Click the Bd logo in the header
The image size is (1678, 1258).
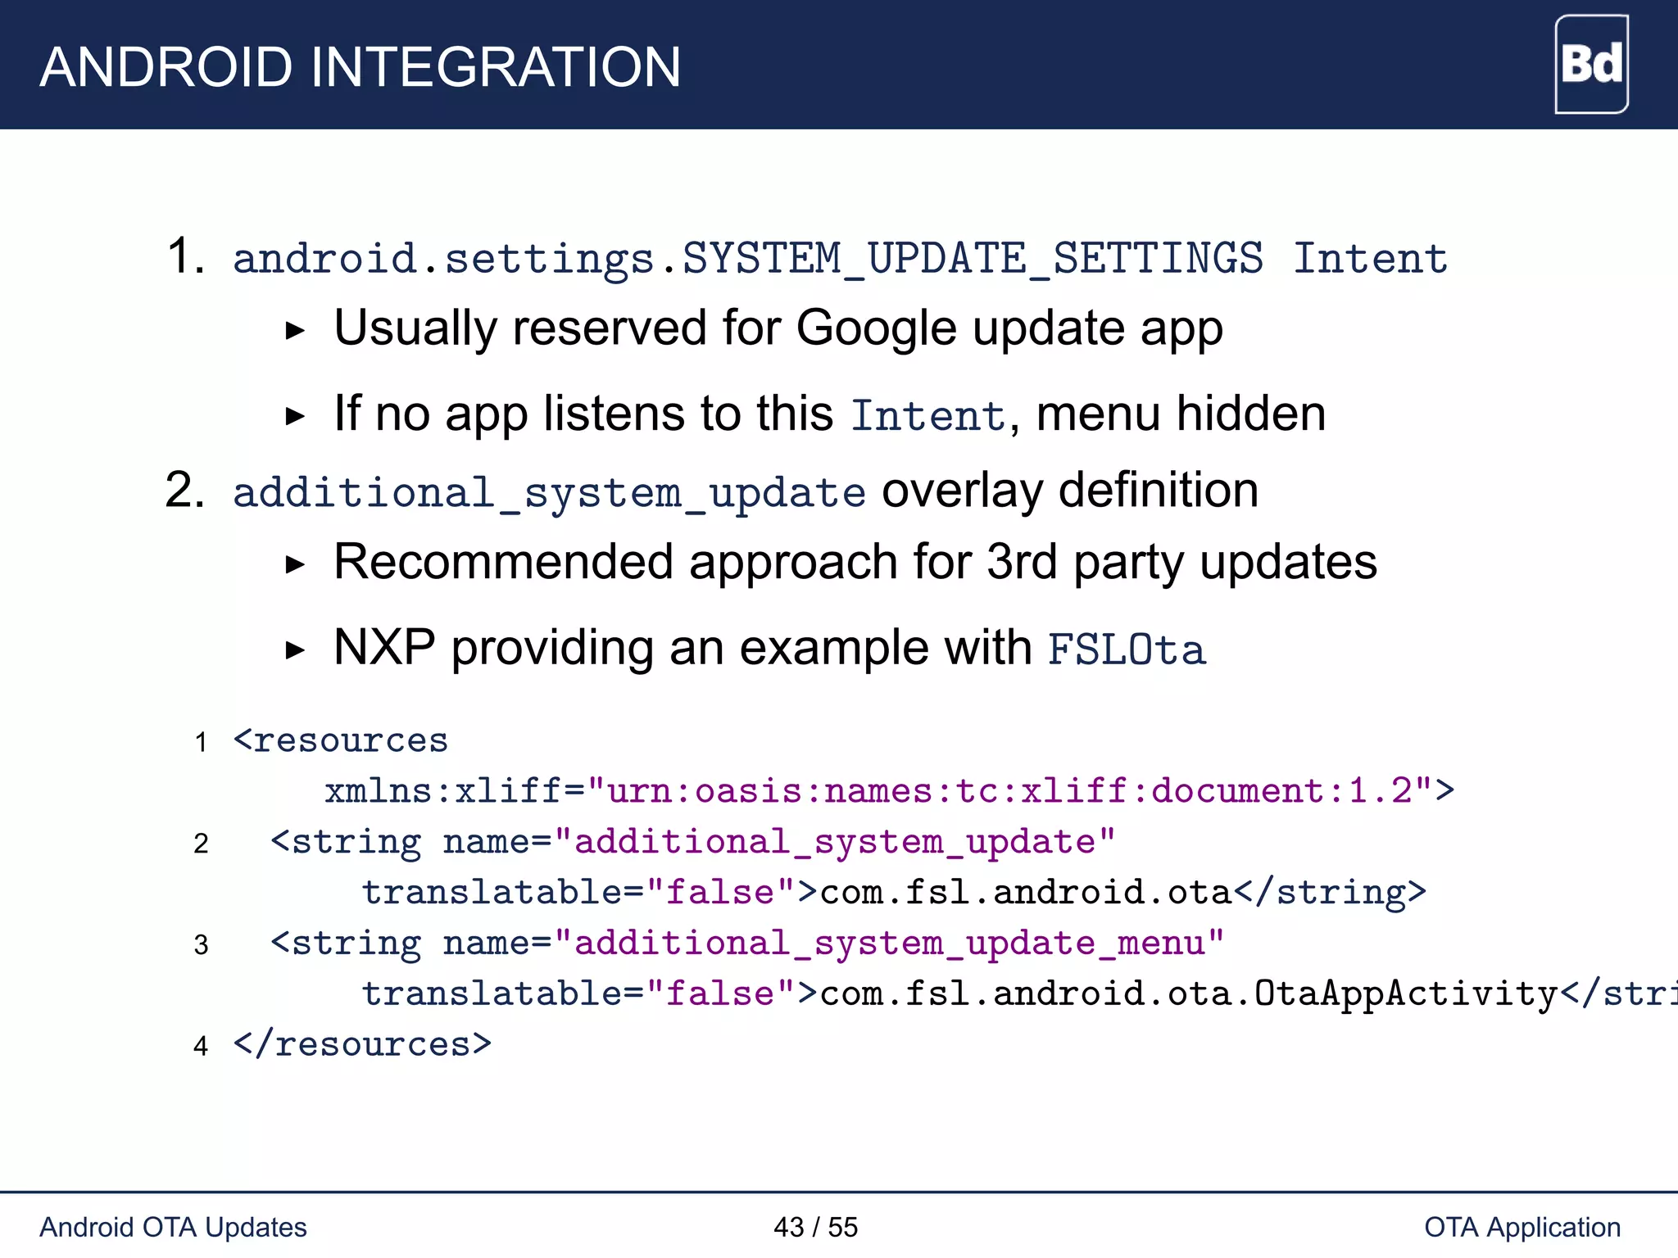1590,64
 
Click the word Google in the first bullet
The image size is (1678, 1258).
876,329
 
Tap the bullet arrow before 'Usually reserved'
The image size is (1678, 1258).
294,331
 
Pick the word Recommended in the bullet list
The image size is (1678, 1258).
503,563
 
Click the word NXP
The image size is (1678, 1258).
384,648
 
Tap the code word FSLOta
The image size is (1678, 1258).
1127,650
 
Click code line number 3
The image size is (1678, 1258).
201,945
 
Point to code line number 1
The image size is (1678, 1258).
201,743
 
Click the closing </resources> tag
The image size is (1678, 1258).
362,1045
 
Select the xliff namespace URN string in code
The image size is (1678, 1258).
1009,791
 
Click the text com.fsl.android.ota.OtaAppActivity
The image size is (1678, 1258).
1188,993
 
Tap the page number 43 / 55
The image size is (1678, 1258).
815,1227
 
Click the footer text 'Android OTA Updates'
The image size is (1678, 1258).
173,1227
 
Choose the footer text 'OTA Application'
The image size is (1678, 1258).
1522,1227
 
